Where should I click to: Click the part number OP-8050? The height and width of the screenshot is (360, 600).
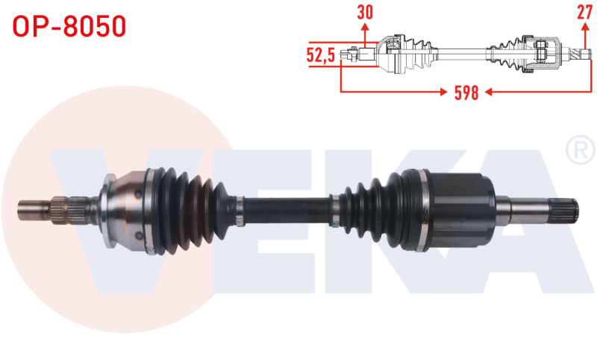point(69,26)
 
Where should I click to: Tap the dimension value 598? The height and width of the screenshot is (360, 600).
point(466,93)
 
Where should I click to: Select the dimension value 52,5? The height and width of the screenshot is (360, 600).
point(321,55)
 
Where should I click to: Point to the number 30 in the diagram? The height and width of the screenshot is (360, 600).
point(365,12)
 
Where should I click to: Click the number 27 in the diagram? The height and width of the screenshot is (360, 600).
point(584,12)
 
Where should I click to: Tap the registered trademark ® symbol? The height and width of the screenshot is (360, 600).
point(580,149)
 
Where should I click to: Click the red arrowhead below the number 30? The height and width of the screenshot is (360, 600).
point(365,26)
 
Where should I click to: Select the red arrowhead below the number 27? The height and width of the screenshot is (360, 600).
point(584,26)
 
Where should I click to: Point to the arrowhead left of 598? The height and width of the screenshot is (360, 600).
point(443,92)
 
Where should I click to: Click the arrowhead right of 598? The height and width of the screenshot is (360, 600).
point(489,92)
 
